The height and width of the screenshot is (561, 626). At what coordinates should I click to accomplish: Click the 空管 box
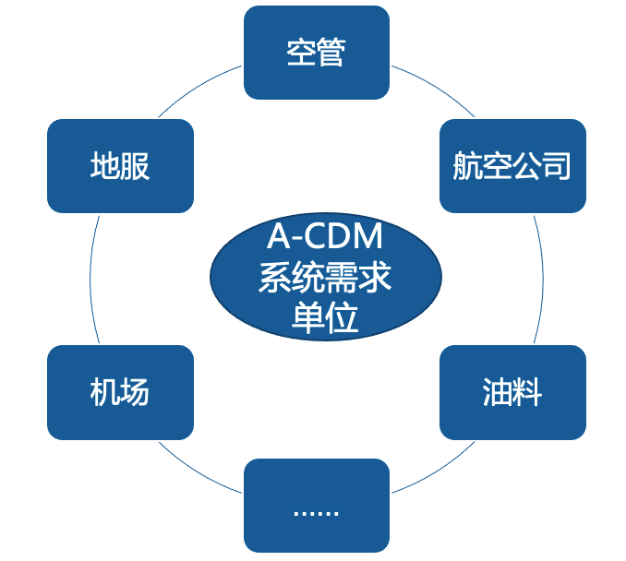pyautogui.click(x=316, y=52)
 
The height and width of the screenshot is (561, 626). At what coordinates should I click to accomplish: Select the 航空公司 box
pyautogui.click(x=512, y=166)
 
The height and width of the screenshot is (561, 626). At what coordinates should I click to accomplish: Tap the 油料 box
pyautogui.click(x=512, y=392)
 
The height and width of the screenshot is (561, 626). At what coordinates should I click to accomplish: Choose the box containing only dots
pyautogui.click(x=316, y=506)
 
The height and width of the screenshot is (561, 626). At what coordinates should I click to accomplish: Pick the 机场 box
pyautogui.click(x=120, y=392)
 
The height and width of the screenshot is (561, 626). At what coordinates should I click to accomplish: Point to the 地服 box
pyautogui.click(x=120, y=166)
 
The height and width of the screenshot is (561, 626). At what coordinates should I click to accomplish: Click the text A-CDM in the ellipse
pyautogui.click(x=325, y=238)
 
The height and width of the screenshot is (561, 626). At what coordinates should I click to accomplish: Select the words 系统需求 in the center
pyautogui.click(x=325, y=278)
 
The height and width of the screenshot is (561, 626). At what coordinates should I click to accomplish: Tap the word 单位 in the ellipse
pyautogui.click(x=325, y=318)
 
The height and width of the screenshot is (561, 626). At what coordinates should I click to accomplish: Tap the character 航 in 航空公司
pyautogui.click(x=467, y=166)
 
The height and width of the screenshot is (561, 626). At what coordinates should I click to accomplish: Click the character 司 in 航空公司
pyautogui.click(x=557, y=166)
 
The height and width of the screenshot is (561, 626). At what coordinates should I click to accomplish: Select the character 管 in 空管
pyautogui.click(x=331, y=53)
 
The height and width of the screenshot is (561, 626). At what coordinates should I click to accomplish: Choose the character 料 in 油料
pyautogui.click(x=527, y=393)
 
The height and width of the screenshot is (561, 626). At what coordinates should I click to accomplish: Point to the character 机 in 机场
pyautogui.click(x=104, y=393)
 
